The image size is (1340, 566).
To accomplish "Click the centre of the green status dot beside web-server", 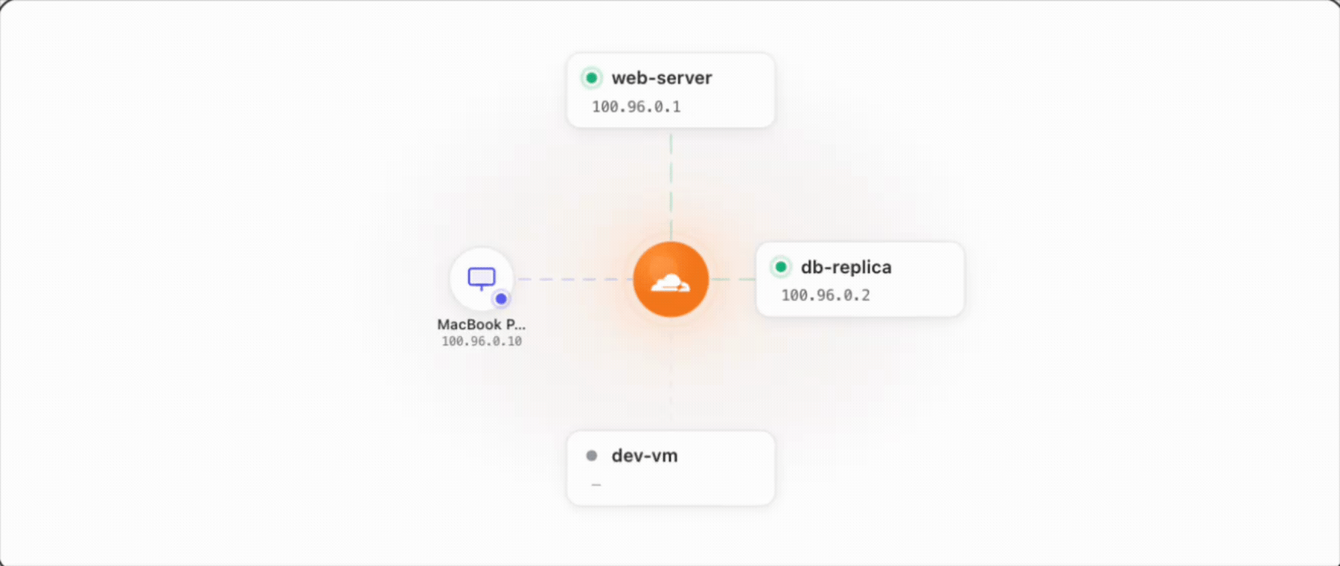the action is point(591,77).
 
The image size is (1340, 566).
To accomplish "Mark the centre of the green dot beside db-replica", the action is point(780,266).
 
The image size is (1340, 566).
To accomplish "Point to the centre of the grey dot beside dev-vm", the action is point(591,455).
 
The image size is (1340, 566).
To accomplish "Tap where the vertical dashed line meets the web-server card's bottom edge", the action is point(671,127).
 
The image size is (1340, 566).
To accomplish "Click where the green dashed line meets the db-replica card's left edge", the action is point(756,280).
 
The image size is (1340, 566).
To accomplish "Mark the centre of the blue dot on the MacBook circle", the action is point(501,298).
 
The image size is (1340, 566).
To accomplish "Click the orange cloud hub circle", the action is point(671,279).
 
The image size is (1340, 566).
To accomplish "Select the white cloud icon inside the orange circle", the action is point(670,283).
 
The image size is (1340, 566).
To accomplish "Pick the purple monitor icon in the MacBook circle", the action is point(481,278).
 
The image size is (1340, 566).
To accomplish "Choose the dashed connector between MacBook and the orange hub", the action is point(575,279).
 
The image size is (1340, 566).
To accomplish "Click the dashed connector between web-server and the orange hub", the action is point(671,184).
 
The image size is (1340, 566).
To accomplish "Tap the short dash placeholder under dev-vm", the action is point(596,485).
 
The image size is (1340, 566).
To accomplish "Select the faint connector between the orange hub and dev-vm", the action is point(671,374).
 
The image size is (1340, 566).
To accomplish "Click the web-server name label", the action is point(662,78).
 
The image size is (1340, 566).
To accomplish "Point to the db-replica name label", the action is point(846,267).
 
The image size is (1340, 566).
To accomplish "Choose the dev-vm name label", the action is point(645,456).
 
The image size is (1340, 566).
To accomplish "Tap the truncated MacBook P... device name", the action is point(481,324).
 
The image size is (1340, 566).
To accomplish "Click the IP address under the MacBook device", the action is point(482,341).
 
